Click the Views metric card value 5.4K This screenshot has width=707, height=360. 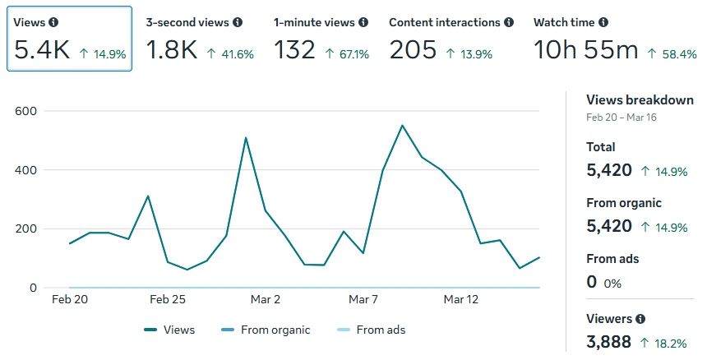(x=43, y=50)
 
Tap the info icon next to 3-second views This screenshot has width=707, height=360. (x=238, y=23)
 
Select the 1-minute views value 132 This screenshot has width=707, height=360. (x=294, y=50)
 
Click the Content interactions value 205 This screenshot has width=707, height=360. (x=413, y=50)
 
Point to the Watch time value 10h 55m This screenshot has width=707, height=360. (x=585, y=50)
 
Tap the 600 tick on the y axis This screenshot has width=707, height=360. (x=25, y=111)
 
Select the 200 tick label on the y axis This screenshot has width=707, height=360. (x=25, y=229)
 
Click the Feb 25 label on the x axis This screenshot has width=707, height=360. (x=168, y=300)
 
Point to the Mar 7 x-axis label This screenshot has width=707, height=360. (x=363, y=300)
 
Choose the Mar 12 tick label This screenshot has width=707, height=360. (x=460, y=300)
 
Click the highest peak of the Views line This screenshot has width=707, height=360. (x=402, y=126)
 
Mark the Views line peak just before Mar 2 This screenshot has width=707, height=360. (x=246, y=138)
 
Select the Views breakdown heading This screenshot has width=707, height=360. (x=640, y=100)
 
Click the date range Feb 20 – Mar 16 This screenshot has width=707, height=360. (x=621, y=118)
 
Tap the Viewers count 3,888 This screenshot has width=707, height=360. (x=608, y=341)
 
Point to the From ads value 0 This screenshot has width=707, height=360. (x=592, y=282)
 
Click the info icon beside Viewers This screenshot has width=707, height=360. (x=640, y=319)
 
